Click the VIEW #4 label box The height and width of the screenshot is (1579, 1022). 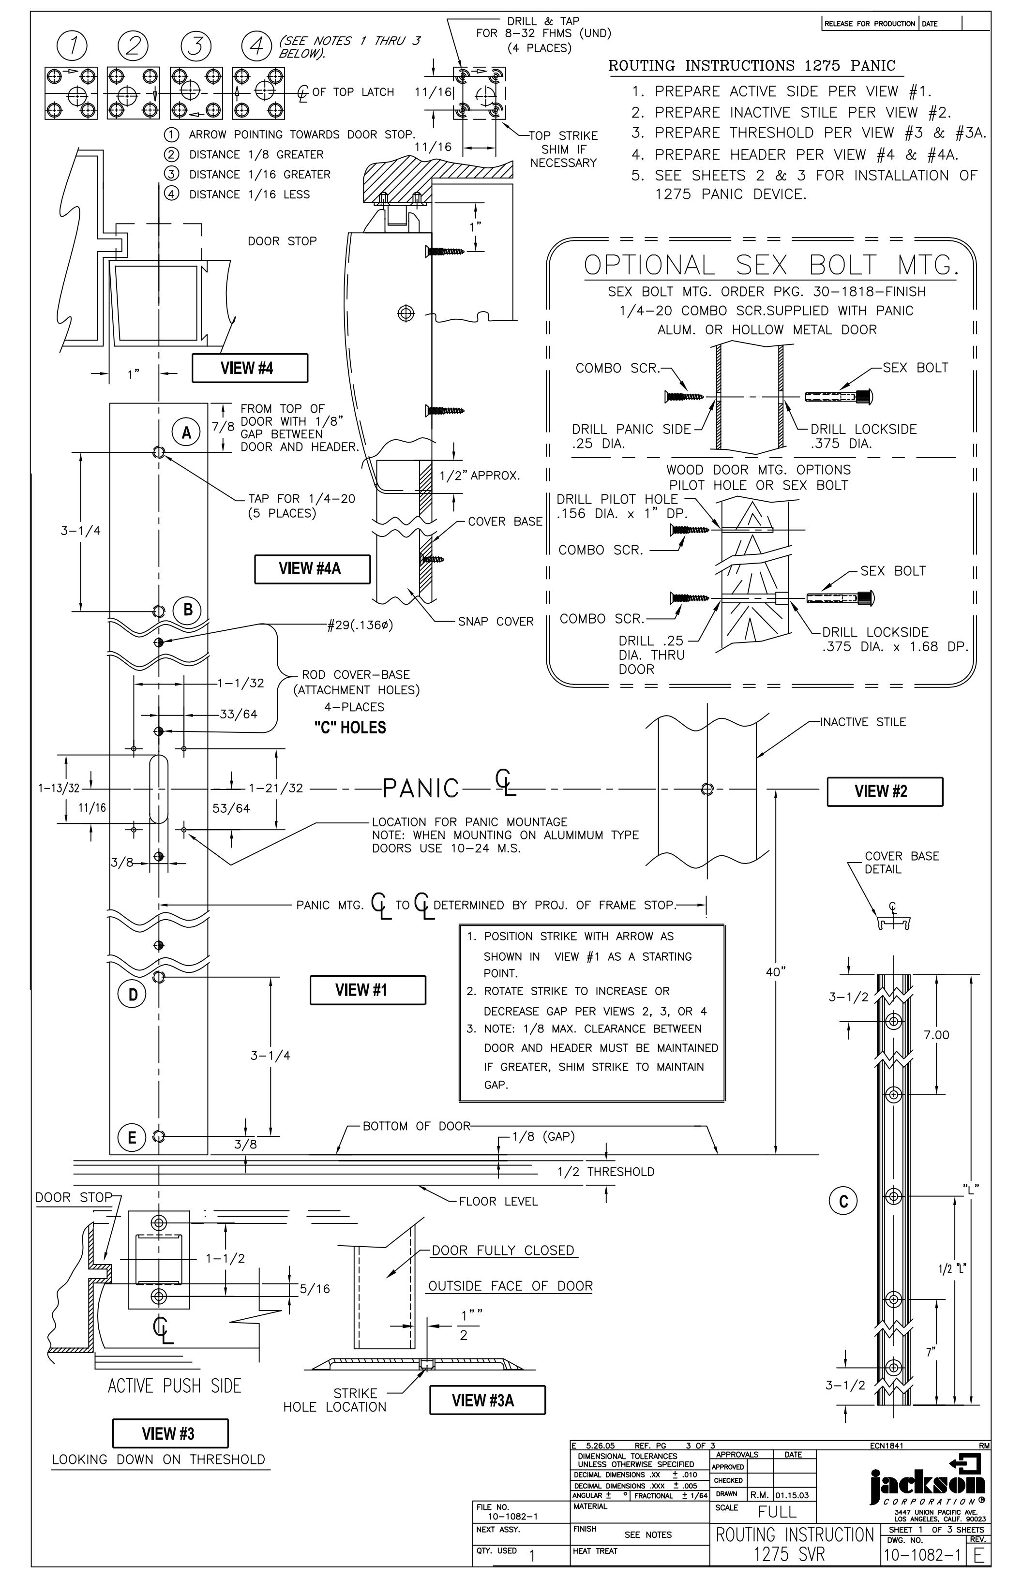[250, 368]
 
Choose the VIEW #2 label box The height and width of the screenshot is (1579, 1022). [885, 791]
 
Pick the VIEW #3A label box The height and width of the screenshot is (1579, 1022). [488, 1400]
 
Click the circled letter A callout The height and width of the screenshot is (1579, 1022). [186, 432]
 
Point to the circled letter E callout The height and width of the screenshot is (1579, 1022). [132, 1138]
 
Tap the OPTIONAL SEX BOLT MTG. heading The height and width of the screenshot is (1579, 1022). [771, 266]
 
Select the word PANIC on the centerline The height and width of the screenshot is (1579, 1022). [421, 788]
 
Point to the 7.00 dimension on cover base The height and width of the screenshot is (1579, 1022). [936, 1034]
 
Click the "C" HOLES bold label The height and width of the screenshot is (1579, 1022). [350, 728]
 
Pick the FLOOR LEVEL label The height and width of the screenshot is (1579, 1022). [498, 1202]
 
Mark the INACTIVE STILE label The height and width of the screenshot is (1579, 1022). [863, 722]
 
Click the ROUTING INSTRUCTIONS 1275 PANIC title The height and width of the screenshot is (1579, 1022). [752, 66]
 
